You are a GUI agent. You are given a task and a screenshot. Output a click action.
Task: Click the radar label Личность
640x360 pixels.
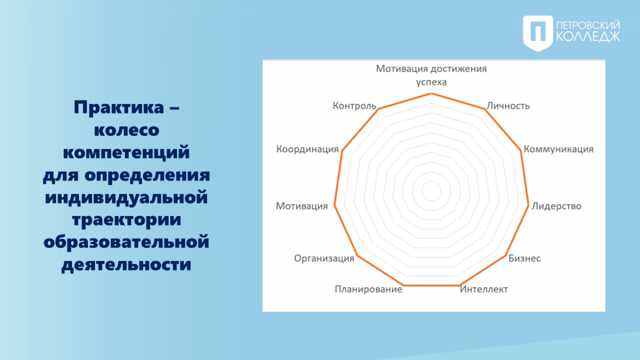(508, 106)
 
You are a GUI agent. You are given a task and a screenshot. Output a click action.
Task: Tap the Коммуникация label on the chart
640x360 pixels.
(558, 149)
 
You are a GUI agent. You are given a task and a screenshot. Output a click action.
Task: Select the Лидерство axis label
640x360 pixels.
(556, 206)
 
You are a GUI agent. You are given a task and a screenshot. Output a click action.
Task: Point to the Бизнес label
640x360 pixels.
(525, 258)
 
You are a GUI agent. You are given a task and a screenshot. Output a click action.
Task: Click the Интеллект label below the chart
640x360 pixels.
(484, 289)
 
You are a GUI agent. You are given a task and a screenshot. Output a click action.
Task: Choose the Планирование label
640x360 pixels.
(369, 290)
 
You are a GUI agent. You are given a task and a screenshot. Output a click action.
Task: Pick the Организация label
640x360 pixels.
(324, 259)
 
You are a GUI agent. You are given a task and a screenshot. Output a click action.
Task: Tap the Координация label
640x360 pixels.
(307, 149)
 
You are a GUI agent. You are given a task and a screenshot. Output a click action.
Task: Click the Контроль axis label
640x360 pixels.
(355, 106)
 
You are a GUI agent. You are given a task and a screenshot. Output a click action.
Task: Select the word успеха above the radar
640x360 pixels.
(431, 82)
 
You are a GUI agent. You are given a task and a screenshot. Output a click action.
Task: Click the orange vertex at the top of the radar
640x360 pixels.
(431, 94)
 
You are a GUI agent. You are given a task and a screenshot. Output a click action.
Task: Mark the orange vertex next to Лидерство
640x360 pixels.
(528, 205)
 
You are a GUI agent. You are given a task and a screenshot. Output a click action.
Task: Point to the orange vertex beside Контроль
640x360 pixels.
(379, 109)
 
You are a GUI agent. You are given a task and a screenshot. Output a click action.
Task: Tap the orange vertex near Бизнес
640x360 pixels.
(506, 255)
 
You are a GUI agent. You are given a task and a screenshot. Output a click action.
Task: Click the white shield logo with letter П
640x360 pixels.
(538, 34)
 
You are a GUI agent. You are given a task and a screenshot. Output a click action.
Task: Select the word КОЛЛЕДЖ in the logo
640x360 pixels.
(588, 37)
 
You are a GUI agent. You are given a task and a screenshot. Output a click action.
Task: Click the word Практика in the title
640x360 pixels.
(119, 107)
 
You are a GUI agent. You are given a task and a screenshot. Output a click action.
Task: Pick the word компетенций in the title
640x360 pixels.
(126, 152)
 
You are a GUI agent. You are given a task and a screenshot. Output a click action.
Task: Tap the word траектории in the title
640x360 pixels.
(126, 219)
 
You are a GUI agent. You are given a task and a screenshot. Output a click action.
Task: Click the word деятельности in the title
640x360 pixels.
(126, 265)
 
